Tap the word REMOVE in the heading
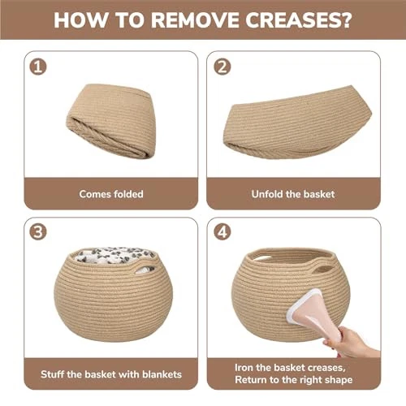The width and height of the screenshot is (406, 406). point(195,20)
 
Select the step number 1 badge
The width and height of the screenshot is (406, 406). point(38,67)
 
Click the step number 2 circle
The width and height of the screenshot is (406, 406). point(222,67)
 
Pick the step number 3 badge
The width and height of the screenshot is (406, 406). point(38,232)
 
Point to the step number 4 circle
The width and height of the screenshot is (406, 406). point(222,232)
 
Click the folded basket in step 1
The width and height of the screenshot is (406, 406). point(111,120)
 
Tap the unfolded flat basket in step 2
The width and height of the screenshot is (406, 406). point(297,123)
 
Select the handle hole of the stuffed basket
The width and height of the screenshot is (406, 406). point(145,270)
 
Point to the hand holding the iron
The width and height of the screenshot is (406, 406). point(352,343)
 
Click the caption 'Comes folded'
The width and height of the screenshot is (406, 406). point(111,194)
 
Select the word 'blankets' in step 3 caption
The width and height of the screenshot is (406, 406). point(162,374)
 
